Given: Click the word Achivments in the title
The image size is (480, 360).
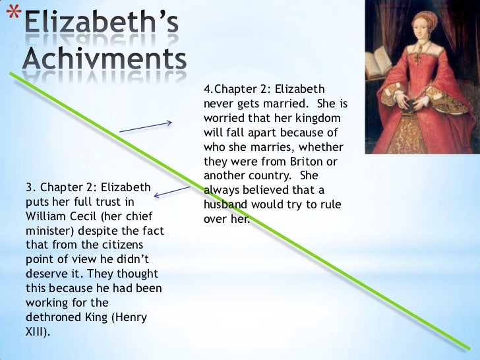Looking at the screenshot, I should [105, 61].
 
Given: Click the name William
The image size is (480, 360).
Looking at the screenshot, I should [44, 216].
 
